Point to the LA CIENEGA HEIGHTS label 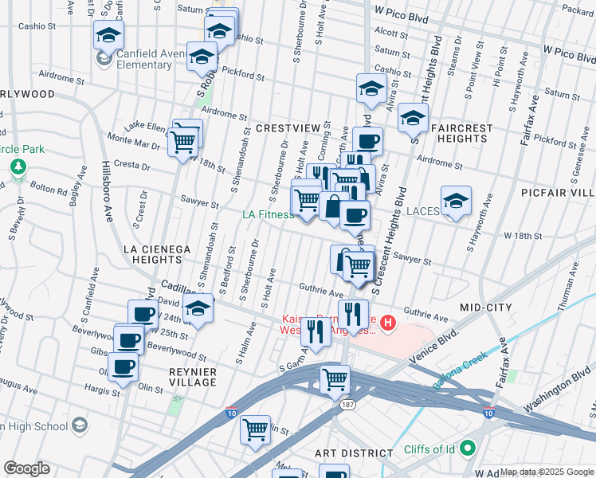(157, 254)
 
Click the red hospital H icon (387, 323)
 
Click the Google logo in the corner (26, 468)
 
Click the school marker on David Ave (198, 310)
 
